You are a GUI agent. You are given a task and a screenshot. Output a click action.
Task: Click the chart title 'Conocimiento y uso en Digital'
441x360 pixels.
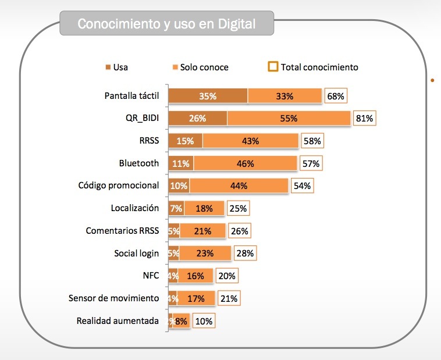point(166,24)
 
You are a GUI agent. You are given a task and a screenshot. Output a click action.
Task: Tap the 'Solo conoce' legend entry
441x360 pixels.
point(200,67)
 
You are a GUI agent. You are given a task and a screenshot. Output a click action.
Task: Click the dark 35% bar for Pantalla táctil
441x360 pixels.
point(208,96)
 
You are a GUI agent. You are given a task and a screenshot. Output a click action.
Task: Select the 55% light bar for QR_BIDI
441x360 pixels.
point(289,118)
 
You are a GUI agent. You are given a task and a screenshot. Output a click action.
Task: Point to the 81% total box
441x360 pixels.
point(364,118)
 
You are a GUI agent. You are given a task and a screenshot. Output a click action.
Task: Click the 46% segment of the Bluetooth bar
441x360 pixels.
point(245,163)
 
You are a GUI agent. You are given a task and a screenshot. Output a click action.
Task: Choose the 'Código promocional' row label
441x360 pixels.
point(118,186)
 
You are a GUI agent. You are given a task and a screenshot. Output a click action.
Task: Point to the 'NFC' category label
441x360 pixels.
point(150,276)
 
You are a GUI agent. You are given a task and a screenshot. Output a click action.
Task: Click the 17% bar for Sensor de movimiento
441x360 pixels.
point(196,298)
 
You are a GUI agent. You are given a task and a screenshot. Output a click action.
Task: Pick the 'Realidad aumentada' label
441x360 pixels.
point(118,320)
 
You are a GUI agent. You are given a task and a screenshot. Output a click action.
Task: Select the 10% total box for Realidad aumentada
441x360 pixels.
point(204,321)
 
